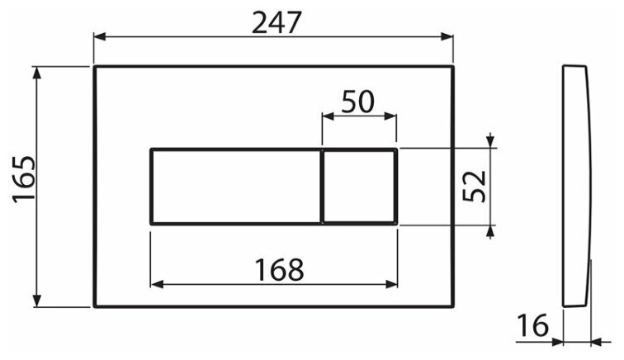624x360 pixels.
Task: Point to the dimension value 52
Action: (473, 187)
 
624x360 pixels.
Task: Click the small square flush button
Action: (359, 187)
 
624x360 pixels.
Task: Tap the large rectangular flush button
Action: (235, 187)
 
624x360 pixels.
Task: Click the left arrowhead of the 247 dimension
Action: (98, 36)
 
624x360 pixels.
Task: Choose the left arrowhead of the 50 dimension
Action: (326, 116)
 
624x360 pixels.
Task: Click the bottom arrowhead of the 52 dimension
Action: (492, 230)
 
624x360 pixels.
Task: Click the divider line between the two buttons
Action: (320, 187)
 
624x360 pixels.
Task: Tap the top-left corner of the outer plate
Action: (94, 65)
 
